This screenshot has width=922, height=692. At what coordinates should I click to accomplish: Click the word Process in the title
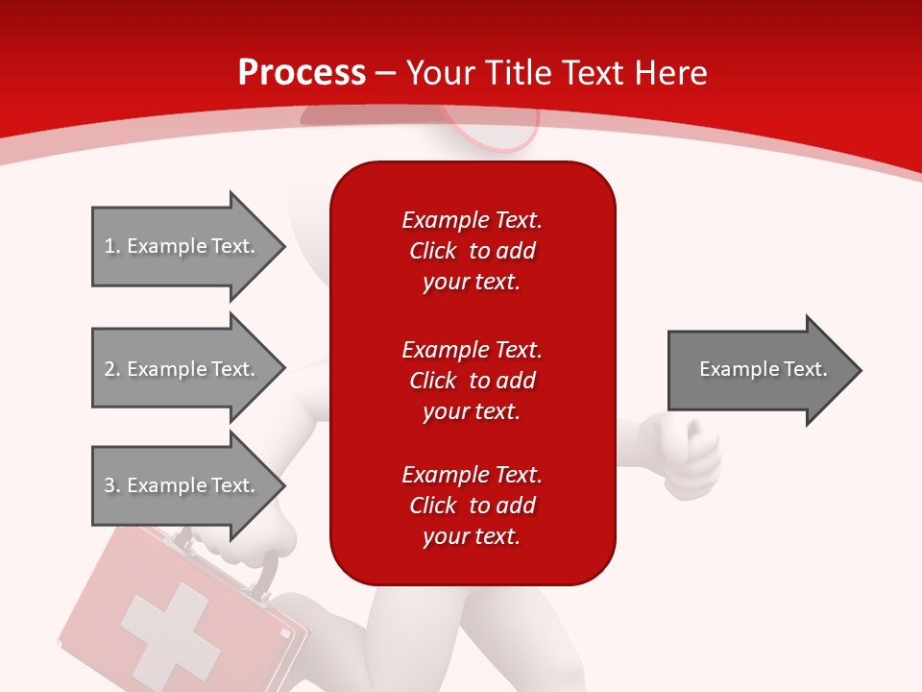(302, 73)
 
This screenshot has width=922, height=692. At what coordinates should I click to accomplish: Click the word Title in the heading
(521, 73)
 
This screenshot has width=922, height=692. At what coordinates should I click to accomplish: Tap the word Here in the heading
(670, 73)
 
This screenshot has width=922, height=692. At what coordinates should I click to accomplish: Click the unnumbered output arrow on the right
(765, 370)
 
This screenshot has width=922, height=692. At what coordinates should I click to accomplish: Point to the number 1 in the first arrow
(109, 246)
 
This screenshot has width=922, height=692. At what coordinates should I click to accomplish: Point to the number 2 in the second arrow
(109, 369)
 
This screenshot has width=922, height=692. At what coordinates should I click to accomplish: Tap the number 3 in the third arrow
(109, 484)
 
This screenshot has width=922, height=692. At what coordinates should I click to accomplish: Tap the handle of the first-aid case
(265, 574)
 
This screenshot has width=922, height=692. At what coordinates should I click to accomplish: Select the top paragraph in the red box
(473, 251)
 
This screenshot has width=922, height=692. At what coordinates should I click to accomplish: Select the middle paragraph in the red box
(473, 381)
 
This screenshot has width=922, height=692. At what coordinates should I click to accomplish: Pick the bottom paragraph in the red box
(473, 506)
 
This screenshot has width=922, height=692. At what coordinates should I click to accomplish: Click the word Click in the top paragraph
(433, 251)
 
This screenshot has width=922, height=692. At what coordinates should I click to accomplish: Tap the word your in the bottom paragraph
(447, 537)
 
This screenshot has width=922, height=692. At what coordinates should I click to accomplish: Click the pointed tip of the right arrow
(862, 370)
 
